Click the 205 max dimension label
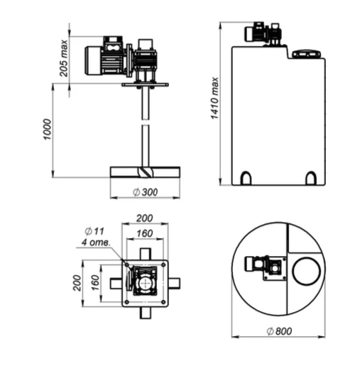coord(64,58)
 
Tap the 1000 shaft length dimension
coord(47,130)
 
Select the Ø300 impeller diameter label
coord(146,192)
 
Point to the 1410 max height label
coord(214,98)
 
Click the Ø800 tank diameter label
coord(279,331)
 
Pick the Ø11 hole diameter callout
coord(94,230)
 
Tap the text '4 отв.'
coord(97,243)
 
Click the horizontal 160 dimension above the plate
coord(145,233)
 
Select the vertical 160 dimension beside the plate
coord(95,282)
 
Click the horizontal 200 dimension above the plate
coord(145,218)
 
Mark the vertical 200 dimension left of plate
coord(77,283)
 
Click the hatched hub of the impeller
coord(145,172)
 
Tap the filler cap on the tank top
coord(307,54)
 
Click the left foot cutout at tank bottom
coord(246,178)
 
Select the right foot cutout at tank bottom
coord(311,178)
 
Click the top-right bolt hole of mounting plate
coord(163,265)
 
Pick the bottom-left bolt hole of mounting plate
coord(127,302)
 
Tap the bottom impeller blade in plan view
coord(145,313)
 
